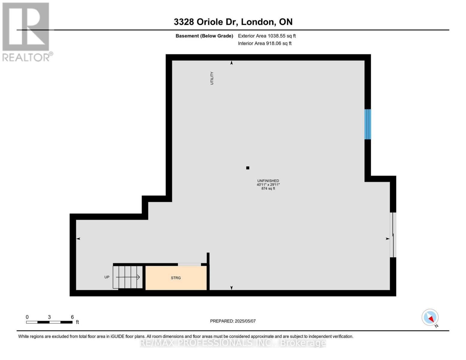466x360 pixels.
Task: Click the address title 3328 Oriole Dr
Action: click(233, 22)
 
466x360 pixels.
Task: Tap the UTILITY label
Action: click(212, 78)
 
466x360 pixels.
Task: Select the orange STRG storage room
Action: click(176, 278)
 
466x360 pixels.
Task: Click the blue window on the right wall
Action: click(368, 124)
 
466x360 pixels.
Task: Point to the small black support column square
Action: click(248, 168)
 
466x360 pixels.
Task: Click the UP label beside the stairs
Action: click(107, 277)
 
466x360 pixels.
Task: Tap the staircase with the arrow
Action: click(128, 277)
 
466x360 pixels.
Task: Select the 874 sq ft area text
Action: click(268, 189)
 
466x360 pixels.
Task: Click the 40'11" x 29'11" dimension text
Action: click(268, 185)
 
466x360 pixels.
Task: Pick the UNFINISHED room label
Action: click(268, 181)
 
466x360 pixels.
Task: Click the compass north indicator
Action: click(430, 318)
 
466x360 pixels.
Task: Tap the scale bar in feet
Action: click(49, 322)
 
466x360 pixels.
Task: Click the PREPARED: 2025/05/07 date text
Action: click(233, 321)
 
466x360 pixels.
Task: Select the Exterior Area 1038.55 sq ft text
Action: click(267, 36)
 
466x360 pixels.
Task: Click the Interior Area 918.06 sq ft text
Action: click(265, 43)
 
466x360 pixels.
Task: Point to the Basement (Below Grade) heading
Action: click(204, 36)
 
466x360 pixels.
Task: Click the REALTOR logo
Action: click(26, 31)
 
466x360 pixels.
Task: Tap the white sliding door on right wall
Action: click(393, 235)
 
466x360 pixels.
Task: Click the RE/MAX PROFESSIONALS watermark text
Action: click(233, 343)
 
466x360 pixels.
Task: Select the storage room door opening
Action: click(189, 265)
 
